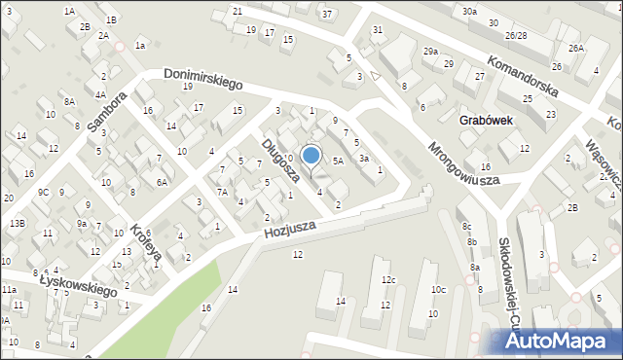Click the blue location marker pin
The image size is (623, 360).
(x=311, y=156)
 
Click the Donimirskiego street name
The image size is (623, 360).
(x=202, y=84)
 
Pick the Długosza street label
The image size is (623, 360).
(x=279, y=161)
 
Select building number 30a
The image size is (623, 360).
(x=470, y=11)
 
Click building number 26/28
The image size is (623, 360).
(x=516, y=34)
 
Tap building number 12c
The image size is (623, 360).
(x=388, y=280)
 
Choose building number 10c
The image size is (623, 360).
(x=439, y=290)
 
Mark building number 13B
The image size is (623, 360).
(x=18, y=223)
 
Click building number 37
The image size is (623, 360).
(x=327, y=14)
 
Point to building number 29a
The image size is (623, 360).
(x=430, y=51)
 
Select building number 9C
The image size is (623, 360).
(x=43, y=192)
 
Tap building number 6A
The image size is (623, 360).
(x=164, y=181)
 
